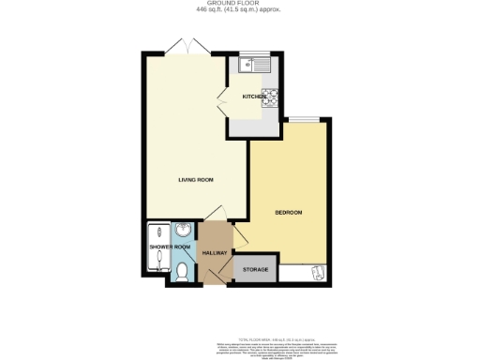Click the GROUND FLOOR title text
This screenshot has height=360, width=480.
pyautogui.click(x=239, y=4)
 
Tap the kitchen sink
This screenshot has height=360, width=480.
pyautogui.click(x=252, y=65)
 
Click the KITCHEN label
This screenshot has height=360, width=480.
pyautogui.click(x=253, y=97)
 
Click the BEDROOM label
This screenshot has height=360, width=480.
pyautogui.click(x=288, y=213)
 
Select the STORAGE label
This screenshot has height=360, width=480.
pyautogui.click(x=256, y=270)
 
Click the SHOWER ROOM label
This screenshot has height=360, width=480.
pyautogui.click(x=170, y=247)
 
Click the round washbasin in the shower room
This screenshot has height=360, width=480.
pyautogui.click(x=183, y=231)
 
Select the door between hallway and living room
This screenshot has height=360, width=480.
pyautogui.click(x=216, y=213)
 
